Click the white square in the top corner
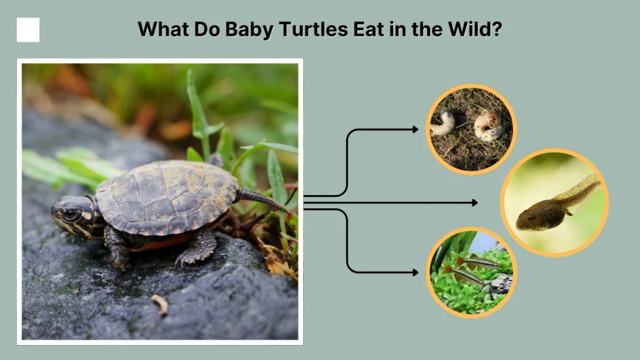(x=28, y=30)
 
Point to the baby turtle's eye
(x=69, y=214)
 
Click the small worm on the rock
(x=160, y=304)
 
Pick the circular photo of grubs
(x=471, y=129)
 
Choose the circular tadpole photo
(x=554, y=202)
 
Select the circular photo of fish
(x=471, y=272)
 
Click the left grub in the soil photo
(x=443, y=124)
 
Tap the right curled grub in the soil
(x=489, y=126)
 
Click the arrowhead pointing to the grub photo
(x=415, y=129)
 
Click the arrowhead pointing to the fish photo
(x=415, y=272)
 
